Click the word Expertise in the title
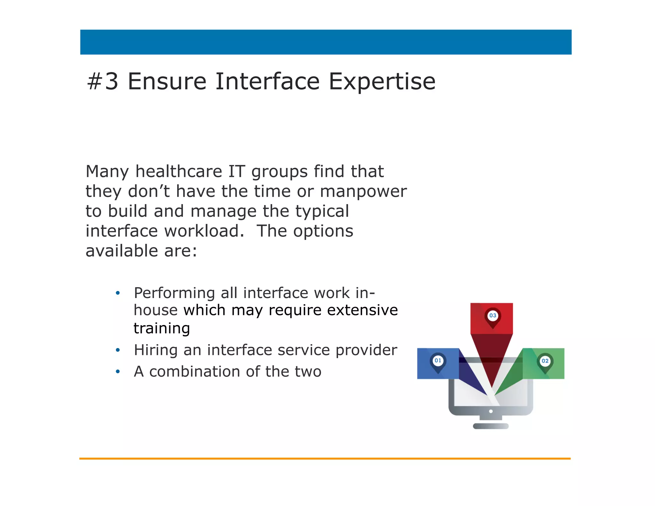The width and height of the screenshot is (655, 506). point(382,82)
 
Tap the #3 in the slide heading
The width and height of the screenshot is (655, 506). point(103,82)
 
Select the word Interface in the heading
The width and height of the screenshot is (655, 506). point(267,82)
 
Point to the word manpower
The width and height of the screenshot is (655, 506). point(363,192)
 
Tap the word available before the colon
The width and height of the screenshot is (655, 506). point(122,251)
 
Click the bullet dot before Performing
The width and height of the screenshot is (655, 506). point(118,293)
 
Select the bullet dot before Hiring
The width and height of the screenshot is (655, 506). point(118,350)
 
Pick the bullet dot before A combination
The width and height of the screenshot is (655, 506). point(118,372)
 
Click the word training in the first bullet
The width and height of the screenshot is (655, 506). point(162,329)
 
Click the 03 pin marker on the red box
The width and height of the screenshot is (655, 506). point(493,316)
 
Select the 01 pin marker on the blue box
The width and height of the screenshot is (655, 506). point(438,361)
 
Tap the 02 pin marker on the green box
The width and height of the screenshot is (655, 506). point(545,361)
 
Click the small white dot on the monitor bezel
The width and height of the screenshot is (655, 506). point(491,411)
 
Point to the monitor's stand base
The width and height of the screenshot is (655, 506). point(491,426)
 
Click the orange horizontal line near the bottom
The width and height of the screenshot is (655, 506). point(325,458)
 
